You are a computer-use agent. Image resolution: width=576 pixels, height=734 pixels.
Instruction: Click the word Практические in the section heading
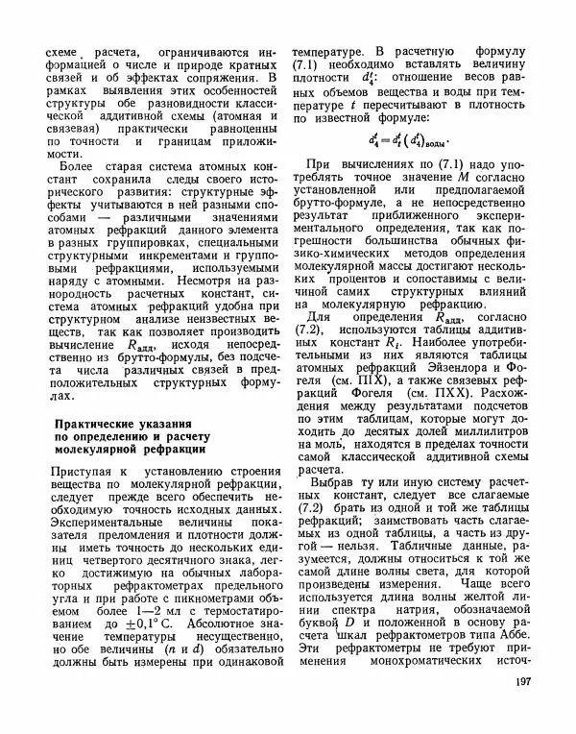(98, 424)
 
